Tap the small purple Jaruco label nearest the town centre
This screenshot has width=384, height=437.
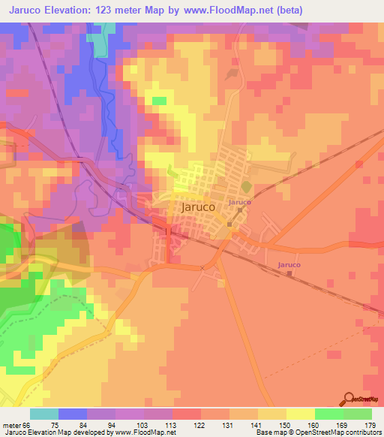(x=239, y=203)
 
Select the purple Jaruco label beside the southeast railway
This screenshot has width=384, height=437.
(x=289, y=265)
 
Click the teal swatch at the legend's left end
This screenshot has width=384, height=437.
(x=43, y=414)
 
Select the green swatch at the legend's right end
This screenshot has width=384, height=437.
(x=358, y=414)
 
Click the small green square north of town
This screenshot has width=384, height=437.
(x=159, y=100)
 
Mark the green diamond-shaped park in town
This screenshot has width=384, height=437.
(x=245, y=187)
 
